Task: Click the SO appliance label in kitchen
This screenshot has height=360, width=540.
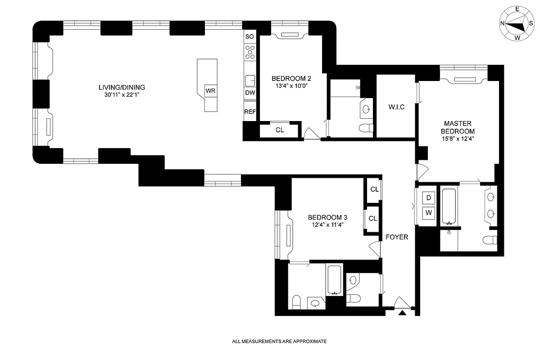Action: [250, 36]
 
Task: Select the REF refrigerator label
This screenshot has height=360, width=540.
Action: [250, 112]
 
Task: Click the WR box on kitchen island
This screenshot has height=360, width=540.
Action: [210, 90]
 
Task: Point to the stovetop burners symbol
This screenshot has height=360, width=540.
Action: [250, 53]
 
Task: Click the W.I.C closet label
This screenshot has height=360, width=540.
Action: [396, 107]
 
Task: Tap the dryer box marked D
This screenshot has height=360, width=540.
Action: [429, 198]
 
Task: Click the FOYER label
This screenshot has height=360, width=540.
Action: [397, 237]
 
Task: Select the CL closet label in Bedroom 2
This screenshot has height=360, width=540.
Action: [280, 130]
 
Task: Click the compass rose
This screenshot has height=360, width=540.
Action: [516, 23]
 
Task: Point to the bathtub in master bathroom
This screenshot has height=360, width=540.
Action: [449, 206]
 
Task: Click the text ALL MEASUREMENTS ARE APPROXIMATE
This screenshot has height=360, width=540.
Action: [279, 342]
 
